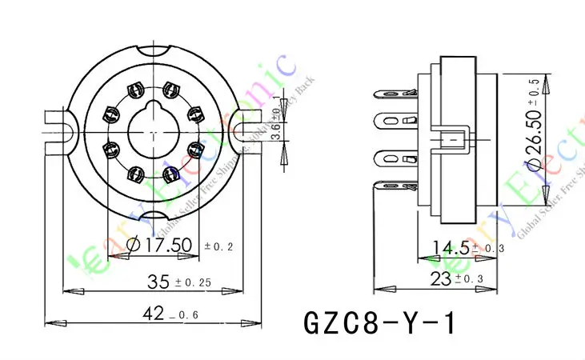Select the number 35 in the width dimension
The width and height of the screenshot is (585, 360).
160,282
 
